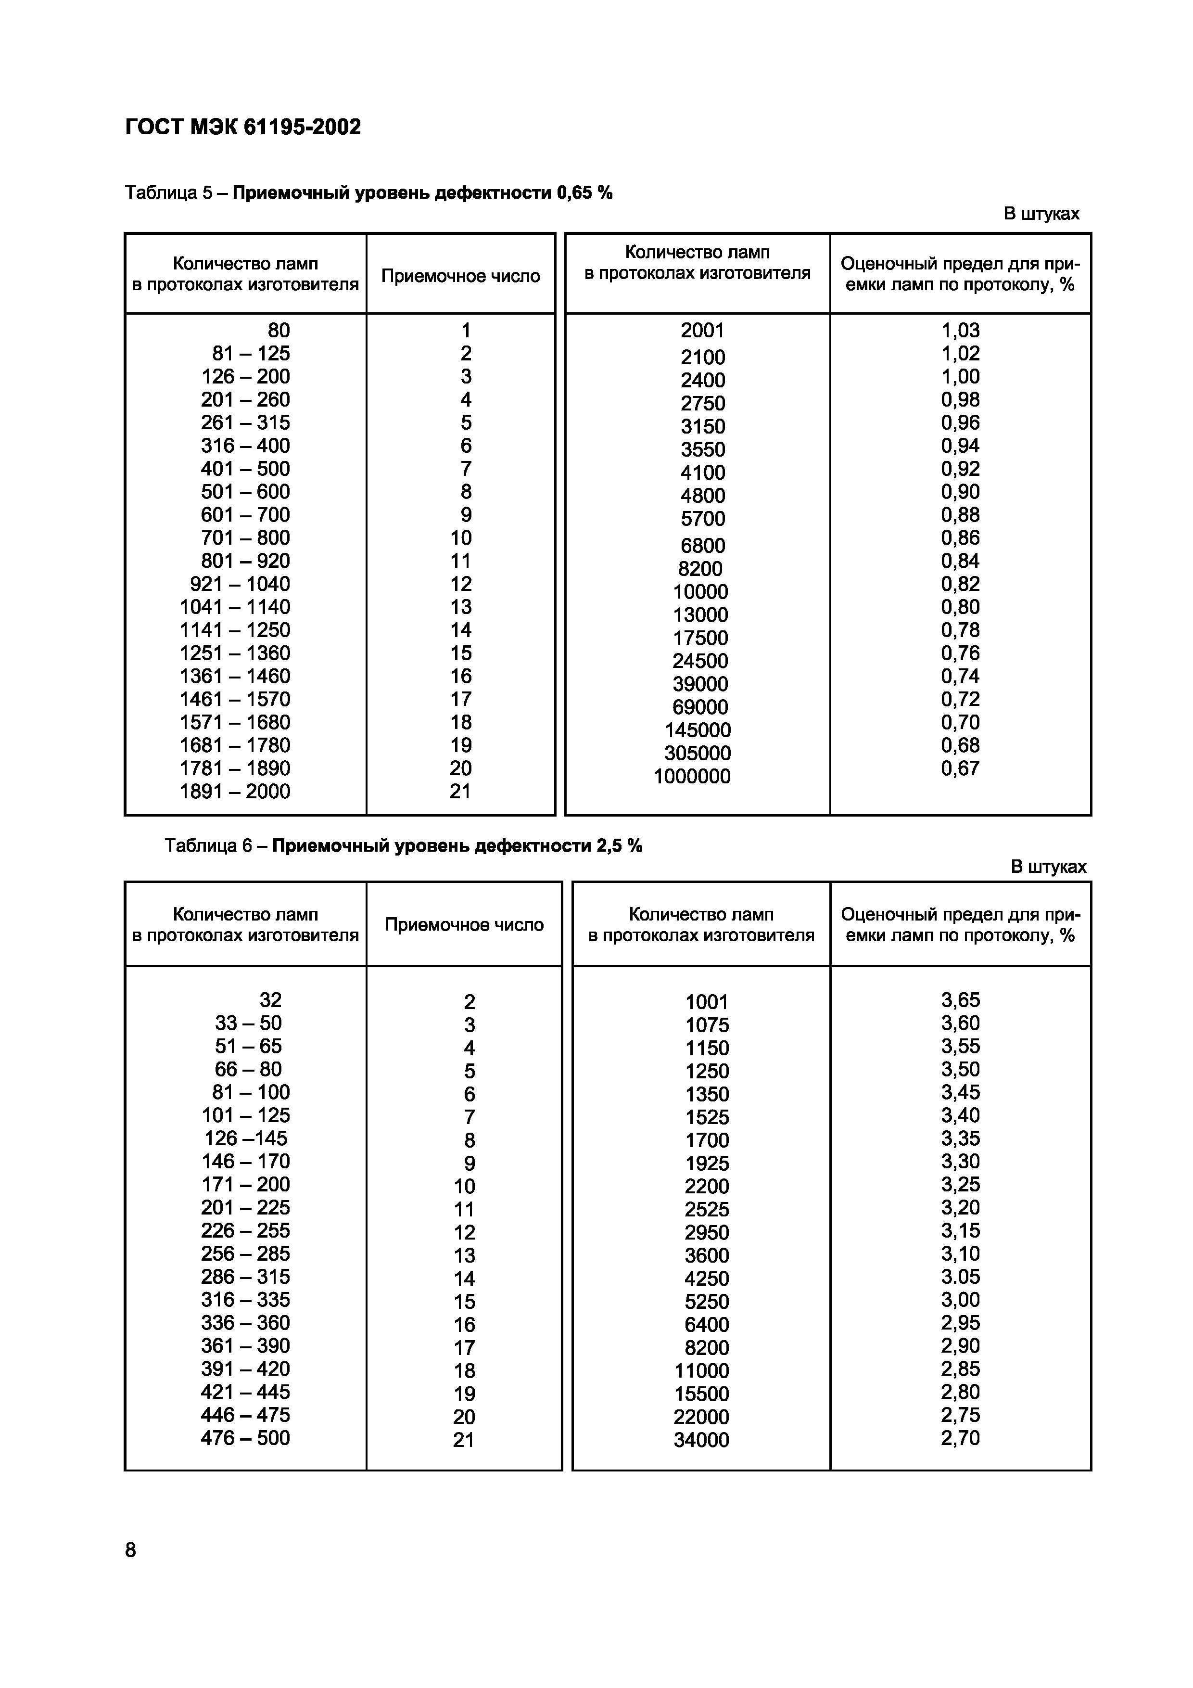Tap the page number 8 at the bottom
click(131, 1550)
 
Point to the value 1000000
click(692, 776)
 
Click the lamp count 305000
click(698, 753)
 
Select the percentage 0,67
click(960, 768)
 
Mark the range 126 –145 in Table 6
click(245, 1138)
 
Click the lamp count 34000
click(701, 1440)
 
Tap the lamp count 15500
click(701, 1394)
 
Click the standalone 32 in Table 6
click(270, 1000)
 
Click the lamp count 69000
click(700, 707)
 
